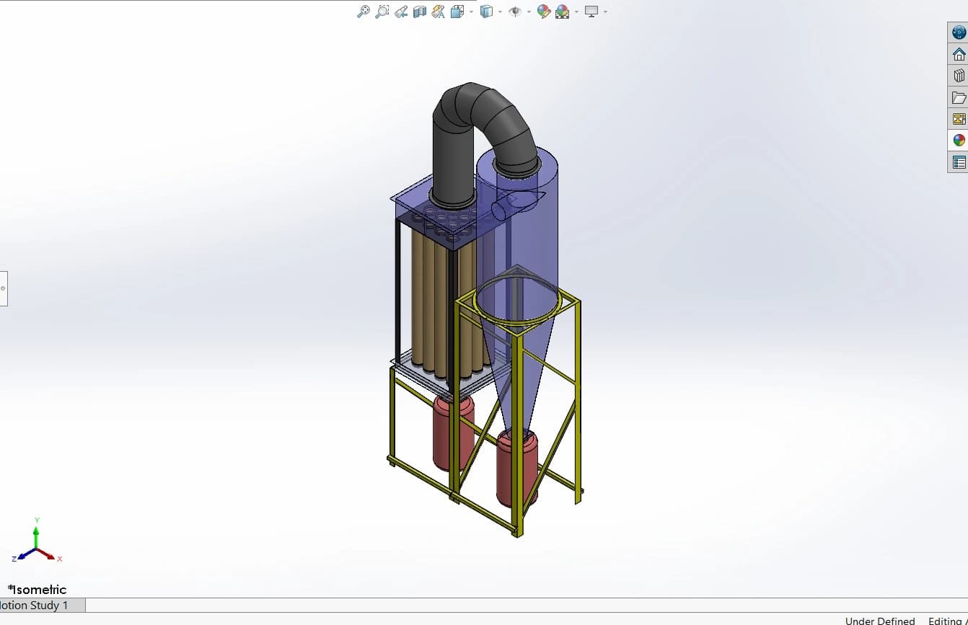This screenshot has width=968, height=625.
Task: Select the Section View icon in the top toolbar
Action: click(420, 12)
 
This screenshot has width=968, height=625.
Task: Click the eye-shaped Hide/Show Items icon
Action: click(514, 12)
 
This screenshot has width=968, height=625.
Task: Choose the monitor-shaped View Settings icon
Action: click(591, 12)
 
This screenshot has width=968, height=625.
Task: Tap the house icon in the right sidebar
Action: click(959, 54)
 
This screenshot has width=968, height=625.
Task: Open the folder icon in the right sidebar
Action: click(959, 97)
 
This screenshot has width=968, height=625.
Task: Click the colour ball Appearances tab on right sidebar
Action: click(959, 141)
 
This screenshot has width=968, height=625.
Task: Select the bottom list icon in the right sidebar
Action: click(959, 162)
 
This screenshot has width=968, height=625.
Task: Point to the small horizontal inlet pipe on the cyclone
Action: click(500, 209)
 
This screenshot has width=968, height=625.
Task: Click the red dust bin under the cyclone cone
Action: click(516, 469)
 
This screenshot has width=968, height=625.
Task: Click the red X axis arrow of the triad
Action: click(50, 555)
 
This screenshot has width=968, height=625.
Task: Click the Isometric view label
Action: click(38, 590)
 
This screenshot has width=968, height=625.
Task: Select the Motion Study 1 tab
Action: click(36, 606)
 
